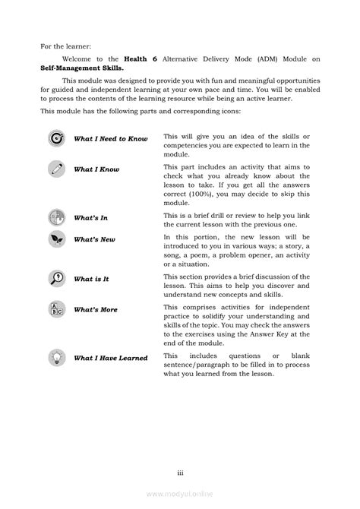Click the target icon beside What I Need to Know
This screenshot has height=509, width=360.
point(56,138)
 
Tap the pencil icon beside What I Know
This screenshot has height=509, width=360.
point(56,169)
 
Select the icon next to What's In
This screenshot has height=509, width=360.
point(56,217)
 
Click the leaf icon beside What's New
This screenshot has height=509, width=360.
point(56,239)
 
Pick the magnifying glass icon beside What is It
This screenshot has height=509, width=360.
point(56,277)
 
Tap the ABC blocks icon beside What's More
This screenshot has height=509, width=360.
point(56,310)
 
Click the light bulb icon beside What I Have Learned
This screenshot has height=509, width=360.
point(56,357)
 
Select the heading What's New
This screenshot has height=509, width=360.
point(94,239)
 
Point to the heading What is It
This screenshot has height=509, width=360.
point(91,279)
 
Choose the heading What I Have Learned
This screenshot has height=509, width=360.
point(110,358)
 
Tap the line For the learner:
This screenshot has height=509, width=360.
point(66,45)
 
